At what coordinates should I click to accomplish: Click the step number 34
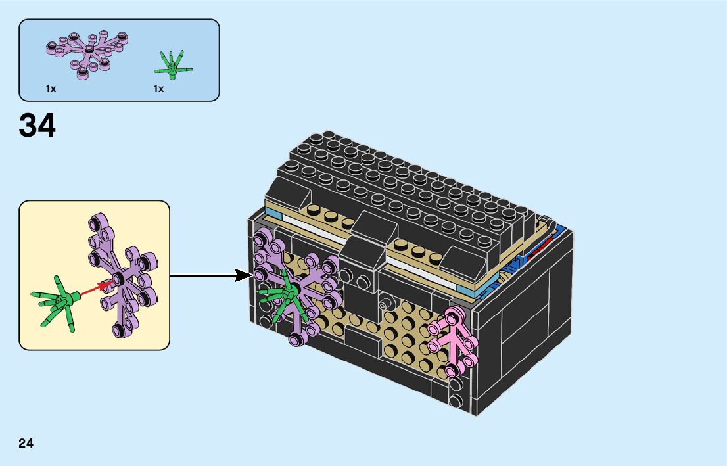tap(37, 126)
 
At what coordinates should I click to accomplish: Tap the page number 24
tap(26, 442)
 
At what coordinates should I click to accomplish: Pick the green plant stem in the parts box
tap(172, 64)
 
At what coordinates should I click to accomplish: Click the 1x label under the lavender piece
tap(51, 89)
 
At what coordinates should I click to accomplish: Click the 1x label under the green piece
tap(158, 89)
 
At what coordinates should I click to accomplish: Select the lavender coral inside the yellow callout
tap(124, 277)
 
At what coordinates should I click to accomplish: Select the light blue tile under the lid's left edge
tap(274, 215)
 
